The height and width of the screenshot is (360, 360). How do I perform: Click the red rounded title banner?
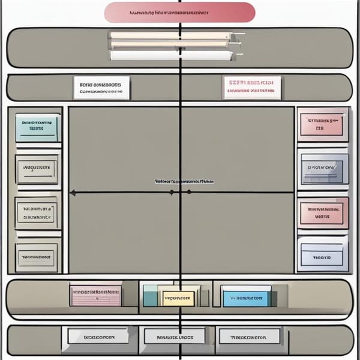(180, 12)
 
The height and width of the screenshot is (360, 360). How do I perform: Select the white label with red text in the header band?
(251, 87)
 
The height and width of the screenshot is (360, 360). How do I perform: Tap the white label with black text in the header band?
(101, 88)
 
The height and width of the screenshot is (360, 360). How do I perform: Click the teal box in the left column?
(38, 127)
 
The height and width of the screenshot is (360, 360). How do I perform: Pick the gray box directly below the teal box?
(38, 169)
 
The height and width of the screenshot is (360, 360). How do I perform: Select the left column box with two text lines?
(38, 212)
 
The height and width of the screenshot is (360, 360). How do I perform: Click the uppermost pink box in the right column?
(323, 124)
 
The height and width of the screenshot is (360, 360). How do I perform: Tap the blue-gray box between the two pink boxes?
(324, 169)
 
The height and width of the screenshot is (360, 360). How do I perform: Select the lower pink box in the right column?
(323, 213)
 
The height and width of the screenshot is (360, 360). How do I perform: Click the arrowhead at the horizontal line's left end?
(72, 193)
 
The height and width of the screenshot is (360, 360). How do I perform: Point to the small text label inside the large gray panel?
(184, 181)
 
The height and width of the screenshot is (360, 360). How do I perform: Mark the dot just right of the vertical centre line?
(189, 192)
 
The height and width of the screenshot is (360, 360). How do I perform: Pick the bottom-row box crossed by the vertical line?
(178, 337)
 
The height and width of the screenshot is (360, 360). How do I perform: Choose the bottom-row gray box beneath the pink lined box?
(98, 337)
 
